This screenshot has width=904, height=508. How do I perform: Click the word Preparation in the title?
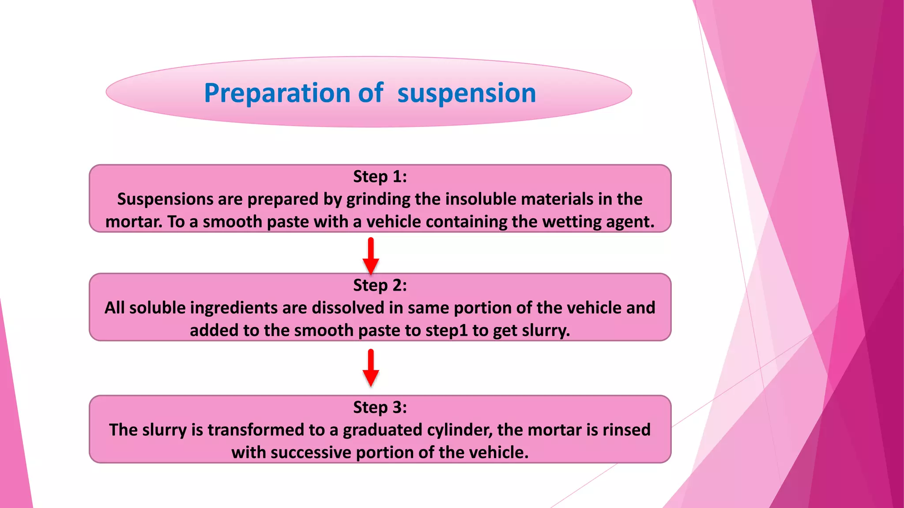coord(277,93)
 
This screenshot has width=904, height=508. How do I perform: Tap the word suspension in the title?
coord(467,93)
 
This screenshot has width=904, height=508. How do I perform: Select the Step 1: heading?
coord(380,176)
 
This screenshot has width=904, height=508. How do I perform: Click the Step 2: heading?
coord(380,285)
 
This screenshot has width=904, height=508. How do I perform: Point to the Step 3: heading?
coord(380,407)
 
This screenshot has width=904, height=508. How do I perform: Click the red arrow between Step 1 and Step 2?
coord(371,256)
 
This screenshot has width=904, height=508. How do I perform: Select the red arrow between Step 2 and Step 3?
coord(371,368)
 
